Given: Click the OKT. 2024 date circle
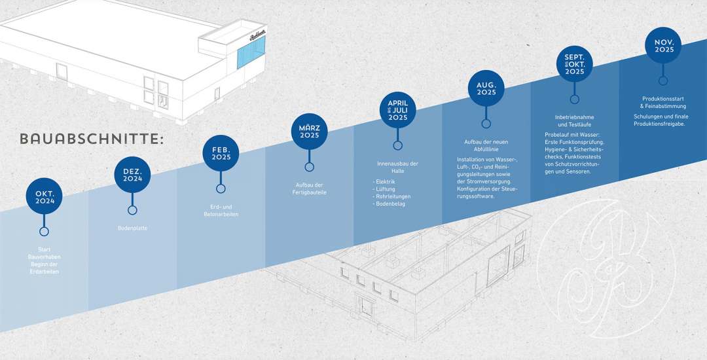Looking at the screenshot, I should pyautogui.click(x=45, y=196).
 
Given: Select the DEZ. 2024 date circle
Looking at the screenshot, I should pyautogui.click(x=133, y=175).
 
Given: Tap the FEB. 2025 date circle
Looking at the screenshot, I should pyautogui.click(x=221, y=153).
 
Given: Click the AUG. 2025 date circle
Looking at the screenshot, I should pyautogui.click(x=486, y=88).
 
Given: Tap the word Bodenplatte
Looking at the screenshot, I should pyautogui.click(x=133, y=228).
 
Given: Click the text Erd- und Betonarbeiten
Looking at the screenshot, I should pyautogui.click(x=221, y=210).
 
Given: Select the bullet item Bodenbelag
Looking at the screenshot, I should pyautogui.click(x=390, y=204).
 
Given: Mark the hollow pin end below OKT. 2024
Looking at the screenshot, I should pyautogui.click(x=45, y=231).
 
